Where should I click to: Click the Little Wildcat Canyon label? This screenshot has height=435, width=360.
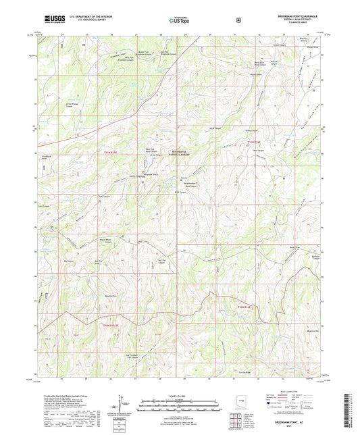click(x=69, y=105)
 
